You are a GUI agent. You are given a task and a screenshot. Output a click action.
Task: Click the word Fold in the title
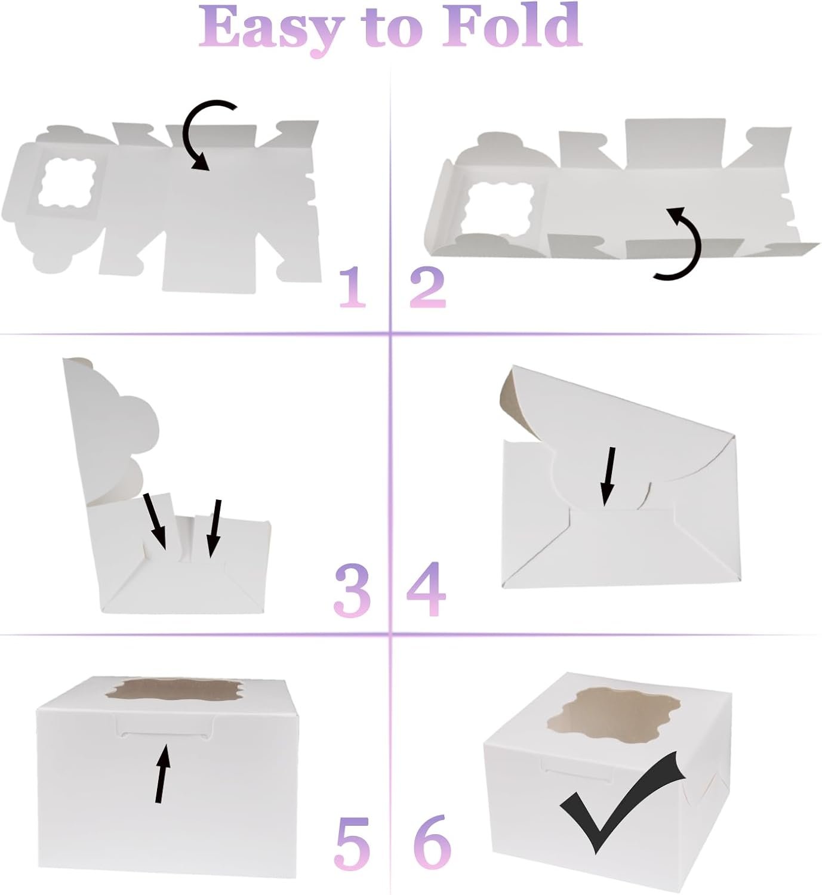tap(512, 26)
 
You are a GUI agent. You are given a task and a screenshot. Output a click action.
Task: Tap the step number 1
tap(353, 288)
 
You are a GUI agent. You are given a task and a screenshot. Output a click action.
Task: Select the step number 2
tap(427, 288)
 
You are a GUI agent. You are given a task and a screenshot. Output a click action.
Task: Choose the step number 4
tap(426, 590)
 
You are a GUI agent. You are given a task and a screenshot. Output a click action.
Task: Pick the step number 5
tap(349, 842)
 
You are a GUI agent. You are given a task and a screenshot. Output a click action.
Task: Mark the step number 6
tap(432, 842)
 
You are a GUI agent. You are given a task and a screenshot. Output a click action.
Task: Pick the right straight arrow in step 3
tap(214, 527)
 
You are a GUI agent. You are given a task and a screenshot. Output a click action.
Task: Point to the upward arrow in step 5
tap(162, 772)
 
